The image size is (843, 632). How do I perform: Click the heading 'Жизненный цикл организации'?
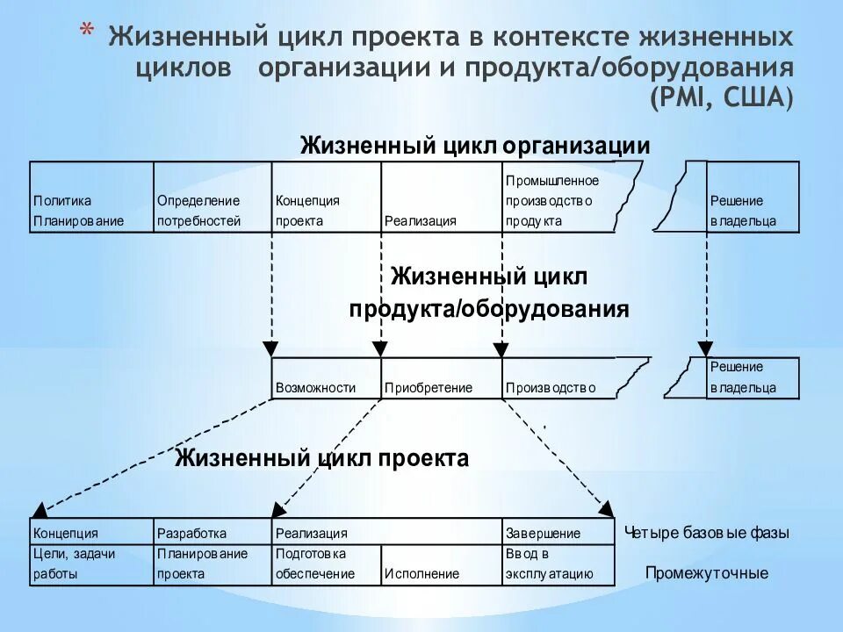(475, 145)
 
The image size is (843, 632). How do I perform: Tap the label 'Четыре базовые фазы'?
(706, 533)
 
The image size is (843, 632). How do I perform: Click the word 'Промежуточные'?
(706, 573)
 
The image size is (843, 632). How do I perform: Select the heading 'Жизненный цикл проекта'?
(321, 458)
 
